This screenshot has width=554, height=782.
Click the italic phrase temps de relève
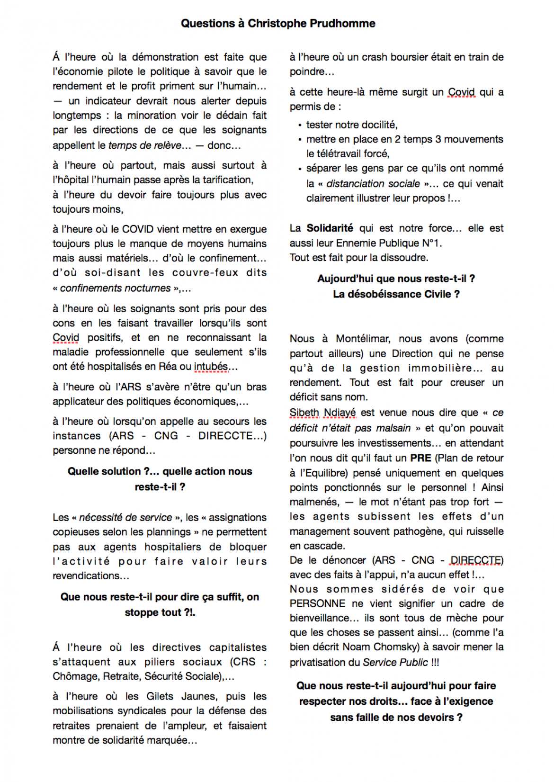(x=145, y=145)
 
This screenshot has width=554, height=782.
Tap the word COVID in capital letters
(x=138, y=229)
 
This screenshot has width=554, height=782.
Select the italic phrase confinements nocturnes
(x=115, y=288)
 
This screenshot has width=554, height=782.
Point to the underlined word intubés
(x=211, y=367)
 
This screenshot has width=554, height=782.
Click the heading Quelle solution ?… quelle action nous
(x=160, y=471)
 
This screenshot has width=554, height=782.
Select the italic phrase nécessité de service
(x=125, y=517)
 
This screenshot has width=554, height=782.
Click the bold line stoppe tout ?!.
(x=160, y=612)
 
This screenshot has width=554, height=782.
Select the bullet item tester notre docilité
(x=351, y=125)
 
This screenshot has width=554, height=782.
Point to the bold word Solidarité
(x=330, y=228)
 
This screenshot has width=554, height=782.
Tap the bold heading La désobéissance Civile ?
(x=396, y=294)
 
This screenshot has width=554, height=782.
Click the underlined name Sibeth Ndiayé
(x=322, y=413)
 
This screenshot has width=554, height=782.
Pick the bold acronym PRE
(x=420, y=458)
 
